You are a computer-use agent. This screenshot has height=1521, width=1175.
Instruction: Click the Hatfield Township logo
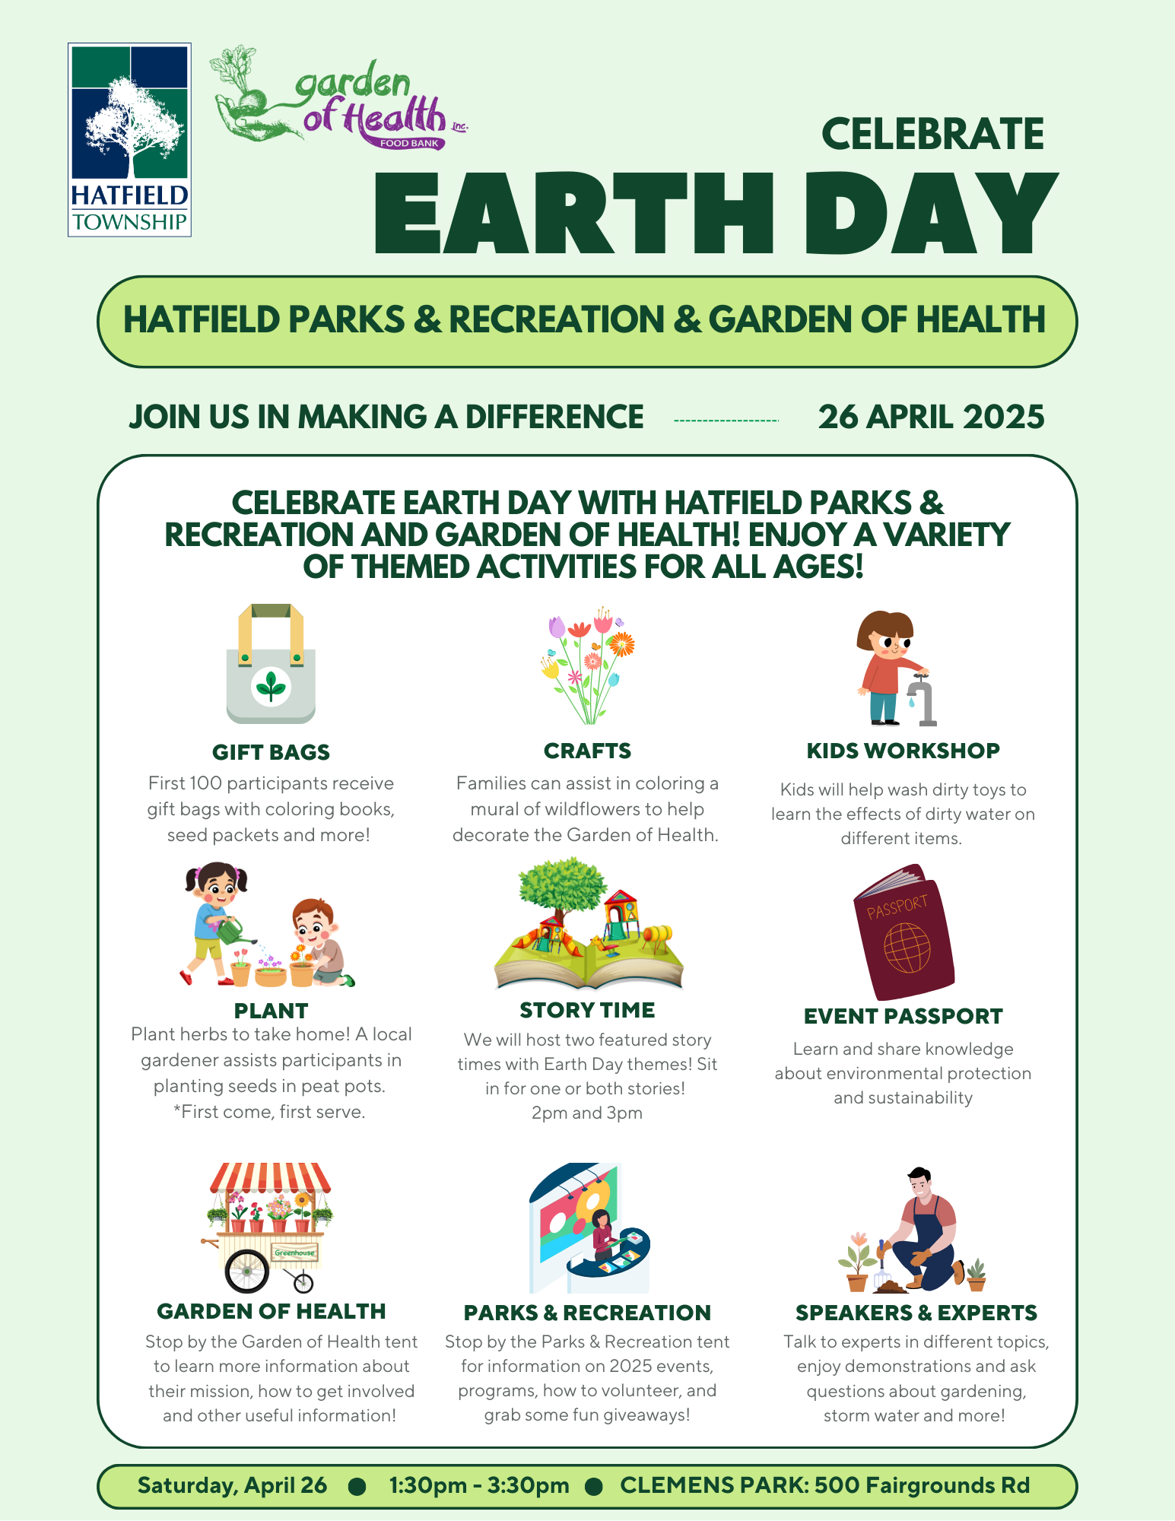pos(129,140)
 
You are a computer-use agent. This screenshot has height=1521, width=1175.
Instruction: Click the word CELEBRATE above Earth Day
pos(932,135)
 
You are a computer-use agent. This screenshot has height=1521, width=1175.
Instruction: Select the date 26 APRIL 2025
pos(931,417)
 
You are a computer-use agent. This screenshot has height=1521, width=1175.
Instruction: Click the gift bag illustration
pos(271,663)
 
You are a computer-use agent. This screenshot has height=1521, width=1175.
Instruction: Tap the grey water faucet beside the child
pos(922,700)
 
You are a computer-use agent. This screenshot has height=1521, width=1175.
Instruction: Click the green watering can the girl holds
pos(233,930)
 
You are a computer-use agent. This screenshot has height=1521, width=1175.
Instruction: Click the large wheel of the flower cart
pos(247,1272)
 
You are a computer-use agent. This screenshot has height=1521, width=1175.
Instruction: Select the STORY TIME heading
pos(587,1010)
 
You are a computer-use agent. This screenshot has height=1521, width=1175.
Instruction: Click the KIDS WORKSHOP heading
pos(903,751)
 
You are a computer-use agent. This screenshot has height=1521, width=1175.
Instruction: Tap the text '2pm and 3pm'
pos(587,1113)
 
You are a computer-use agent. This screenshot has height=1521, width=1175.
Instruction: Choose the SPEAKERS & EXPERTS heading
pos(916,1313)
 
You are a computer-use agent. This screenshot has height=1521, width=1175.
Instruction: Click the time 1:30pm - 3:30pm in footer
pos(479,1485)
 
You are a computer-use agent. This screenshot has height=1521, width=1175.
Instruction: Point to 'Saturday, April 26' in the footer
pos(232,1486)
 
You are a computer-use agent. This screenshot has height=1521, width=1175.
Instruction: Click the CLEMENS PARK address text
pos(825,1485)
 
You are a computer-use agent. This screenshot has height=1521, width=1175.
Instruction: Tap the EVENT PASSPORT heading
pos(903,1016)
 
